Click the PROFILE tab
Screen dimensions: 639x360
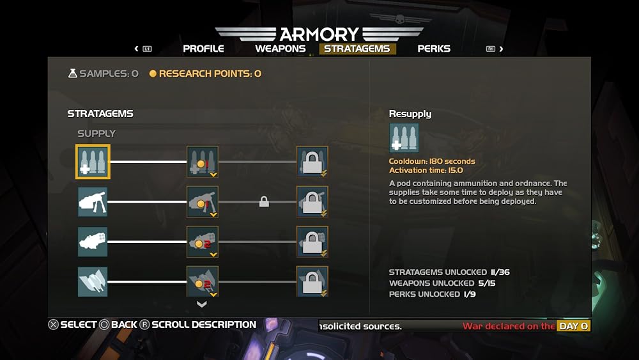(203, 49)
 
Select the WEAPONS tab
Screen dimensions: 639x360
(281, 49)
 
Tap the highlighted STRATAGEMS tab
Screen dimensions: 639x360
(357, 49)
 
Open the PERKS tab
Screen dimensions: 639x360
(434, 49)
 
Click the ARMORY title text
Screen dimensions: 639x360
(319, 35)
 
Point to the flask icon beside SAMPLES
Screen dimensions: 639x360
(73, 74)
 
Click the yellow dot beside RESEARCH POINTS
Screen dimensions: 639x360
(153, 74)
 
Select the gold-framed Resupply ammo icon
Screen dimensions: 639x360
(93, 161)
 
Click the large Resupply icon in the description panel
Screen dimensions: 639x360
(404, 138)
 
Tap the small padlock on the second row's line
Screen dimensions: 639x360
(264, 201)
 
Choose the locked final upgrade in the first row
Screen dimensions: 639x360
(312, 161)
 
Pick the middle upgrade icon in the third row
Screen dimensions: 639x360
(203, 242)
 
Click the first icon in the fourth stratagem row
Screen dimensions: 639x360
(93, 282)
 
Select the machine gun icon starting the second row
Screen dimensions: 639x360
(93, 202)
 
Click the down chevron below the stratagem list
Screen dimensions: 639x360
(202, 304)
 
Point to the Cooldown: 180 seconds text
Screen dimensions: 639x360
(432, 161)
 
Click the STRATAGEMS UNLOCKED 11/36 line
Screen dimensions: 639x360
(449, 272)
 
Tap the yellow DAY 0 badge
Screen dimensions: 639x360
(573, 326)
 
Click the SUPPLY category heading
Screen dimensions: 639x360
(96, 133)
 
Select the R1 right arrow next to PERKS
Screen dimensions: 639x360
(495, 49)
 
